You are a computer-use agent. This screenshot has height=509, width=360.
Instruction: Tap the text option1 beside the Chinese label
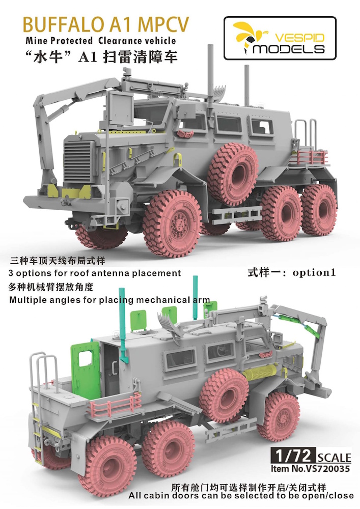point(314,272)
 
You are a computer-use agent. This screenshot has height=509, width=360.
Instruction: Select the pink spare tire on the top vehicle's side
point(233,172)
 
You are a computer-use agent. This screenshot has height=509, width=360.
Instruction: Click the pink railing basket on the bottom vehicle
point(116,404)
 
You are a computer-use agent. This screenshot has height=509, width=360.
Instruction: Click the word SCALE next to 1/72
point(334,458)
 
